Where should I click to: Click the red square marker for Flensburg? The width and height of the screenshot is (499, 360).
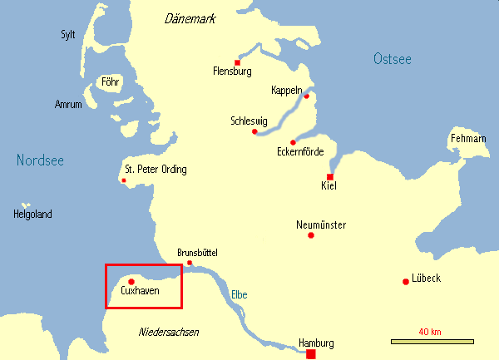[238, 62]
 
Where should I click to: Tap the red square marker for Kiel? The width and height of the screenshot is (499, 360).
[330, 177]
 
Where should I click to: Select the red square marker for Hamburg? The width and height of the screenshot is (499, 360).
[311, 354]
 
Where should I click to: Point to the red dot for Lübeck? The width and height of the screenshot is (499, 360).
[405, 281]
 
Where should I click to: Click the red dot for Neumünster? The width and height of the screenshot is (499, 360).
[311, 235]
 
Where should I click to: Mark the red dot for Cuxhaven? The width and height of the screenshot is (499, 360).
[131, 281]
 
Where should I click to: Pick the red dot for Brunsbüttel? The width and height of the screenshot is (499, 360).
[190, 263]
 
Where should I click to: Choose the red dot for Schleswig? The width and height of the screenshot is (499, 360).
[254, 131]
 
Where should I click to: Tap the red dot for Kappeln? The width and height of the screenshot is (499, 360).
[306, 96]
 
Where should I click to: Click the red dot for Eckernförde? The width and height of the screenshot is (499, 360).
[293, 142]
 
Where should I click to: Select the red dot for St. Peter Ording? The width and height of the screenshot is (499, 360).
[124, 180]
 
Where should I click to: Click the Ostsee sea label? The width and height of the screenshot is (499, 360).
[393, 58]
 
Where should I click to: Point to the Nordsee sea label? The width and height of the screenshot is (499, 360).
[40, 160]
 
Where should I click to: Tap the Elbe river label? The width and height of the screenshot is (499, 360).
[239, 294]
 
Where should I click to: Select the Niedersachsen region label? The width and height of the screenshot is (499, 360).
[169, 332]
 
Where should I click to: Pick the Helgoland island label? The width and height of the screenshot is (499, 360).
[32, 215]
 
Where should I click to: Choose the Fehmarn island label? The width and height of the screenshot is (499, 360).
[467, 138]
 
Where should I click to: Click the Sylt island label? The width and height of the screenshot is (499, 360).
[68, 34]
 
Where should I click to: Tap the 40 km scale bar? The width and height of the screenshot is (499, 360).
[432, 341]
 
